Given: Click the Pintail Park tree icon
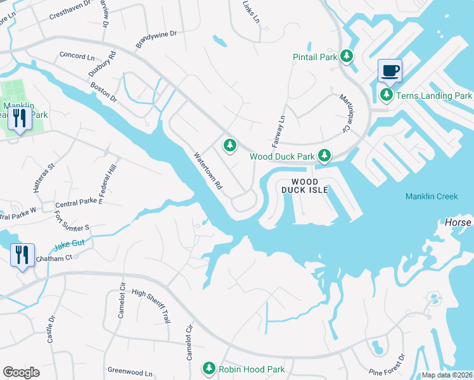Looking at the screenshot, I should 346,57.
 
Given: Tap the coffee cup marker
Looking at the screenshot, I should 390,70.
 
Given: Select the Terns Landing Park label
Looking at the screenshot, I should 434,96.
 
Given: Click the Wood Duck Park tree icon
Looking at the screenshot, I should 324,155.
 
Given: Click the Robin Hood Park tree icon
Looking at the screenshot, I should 209,368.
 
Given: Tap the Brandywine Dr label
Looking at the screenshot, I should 156,39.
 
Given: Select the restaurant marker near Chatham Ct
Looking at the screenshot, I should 22,255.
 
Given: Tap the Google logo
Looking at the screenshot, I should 21,372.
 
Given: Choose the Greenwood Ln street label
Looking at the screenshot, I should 131,372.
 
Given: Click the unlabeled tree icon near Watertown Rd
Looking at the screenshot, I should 229,146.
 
